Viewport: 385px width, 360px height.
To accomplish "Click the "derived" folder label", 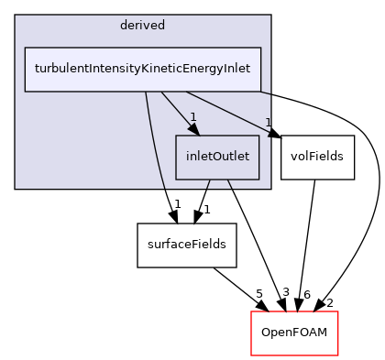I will point(142,25).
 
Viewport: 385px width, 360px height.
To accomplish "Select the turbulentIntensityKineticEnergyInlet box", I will point(142,69).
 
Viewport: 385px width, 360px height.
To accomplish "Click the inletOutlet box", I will point(217,157).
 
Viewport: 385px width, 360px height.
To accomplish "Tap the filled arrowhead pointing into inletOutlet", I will point(194,129).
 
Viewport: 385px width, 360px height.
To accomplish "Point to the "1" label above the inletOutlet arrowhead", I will point(193,116).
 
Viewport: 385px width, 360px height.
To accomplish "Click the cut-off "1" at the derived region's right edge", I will point(268,122).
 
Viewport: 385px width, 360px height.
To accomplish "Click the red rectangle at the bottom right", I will point(294,333).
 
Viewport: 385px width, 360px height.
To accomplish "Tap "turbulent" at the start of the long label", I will point(59,69).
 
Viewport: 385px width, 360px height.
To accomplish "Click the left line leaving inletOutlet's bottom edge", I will point(208,184).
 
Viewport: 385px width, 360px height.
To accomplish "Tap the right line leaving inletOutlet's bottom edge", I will point(229,184).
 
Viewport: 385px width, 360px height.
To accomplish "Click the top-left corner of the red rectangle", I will point(252,312).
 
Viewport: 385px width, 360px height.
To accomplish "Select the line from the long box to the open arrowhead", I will point(229,113).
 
